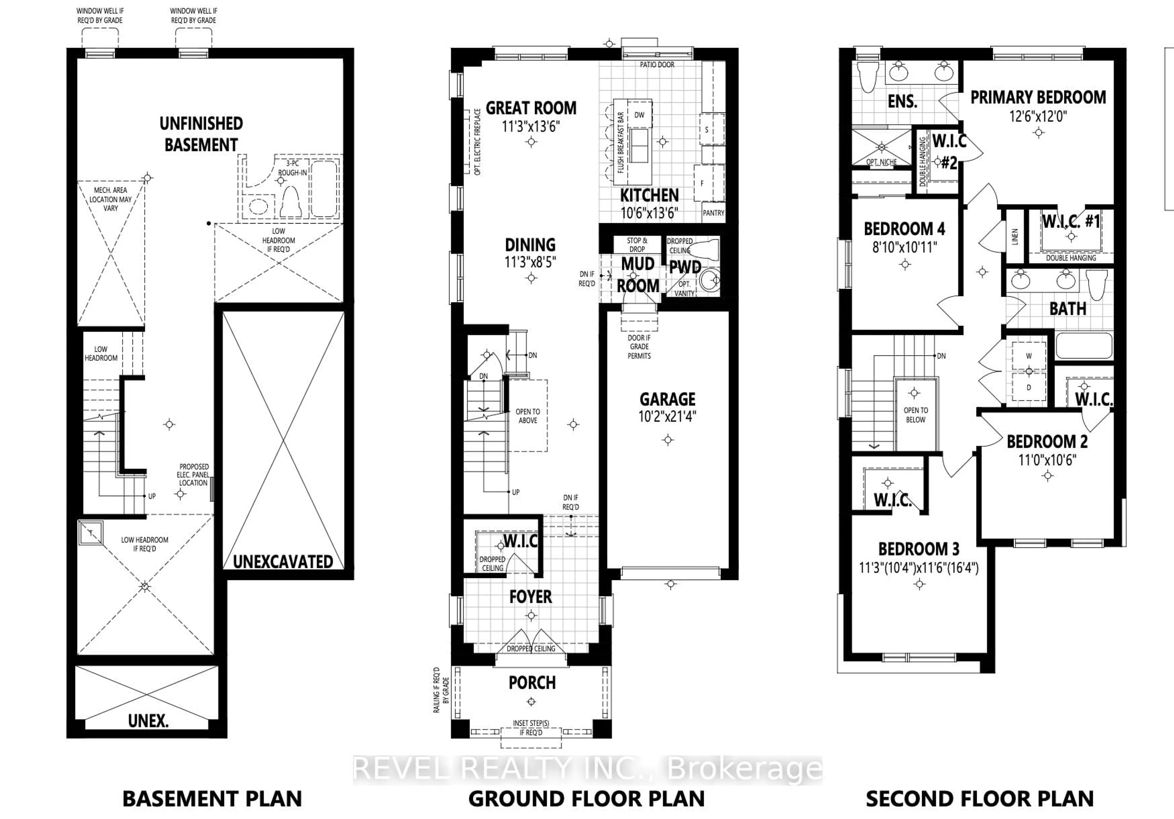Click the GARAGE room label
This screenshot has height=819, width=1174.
click(x=667, y=399)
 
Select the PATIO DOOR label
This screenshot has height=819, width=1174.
click(x=657, y=65)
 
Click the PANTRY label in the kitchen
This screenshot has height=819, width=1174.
click(x=713, y=213)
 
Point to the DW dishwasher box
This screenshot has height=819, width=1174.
click(x=639, y=115)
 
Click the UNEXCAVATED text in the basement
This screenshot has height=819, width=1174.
click(x=283, y=562)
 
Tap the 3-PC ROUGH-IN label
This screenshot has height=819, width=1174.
click(x=293, y=168)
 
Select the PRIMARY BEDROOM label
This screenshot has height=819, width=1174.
click(x=1038, y=97)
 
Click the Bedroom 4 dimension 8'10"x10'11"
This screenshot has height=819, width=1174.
click(x=905, y=248)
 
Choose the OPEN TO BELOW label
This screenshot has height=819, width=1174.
click(x=916, y=415)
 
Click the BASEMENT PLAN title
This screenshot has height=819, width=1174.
click(x=212, y=799)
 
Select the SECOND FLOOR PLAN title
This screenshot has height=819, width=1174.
click(x=980, y=799)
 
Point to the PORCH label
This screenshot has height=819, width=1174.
click(x=532, y=683)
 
